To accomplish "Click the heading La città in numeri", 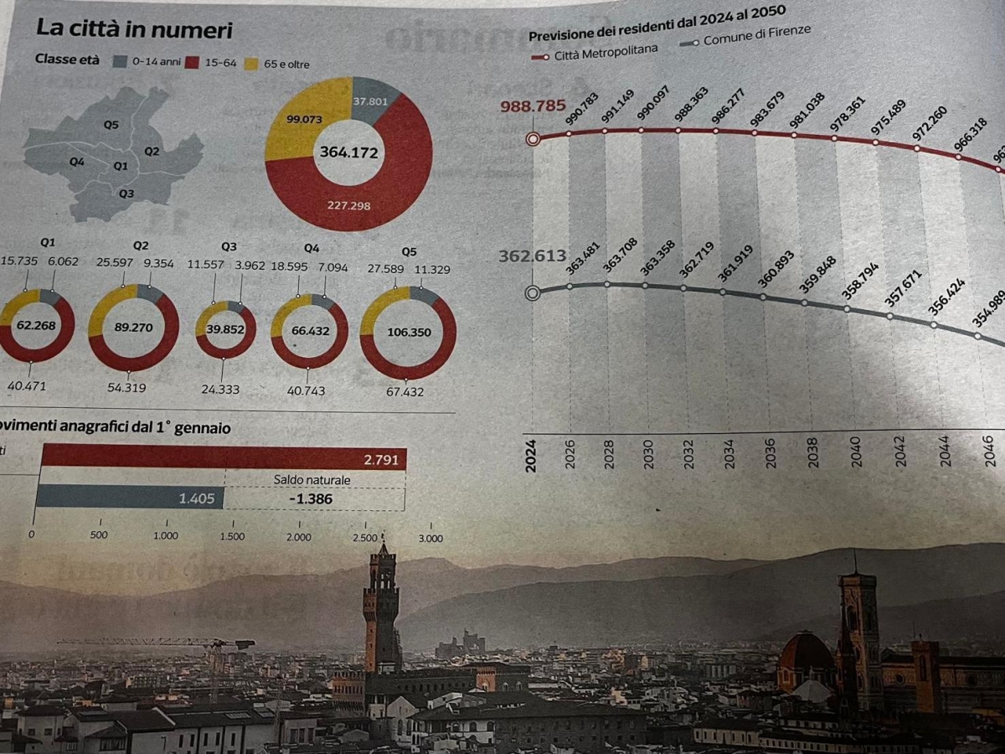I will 134,31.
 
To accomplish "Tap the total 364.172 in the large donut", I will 348,152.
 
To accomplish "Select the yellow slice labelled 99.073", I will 304,120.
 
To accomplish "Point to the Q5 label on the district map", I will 111,126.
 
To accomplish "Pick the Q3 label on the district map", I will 126,194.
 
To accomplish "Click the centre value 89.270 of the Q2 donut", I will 133,328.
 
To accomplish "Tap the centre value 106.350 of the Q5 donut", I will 409,333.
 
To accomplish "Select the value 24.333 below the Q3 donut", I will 221,390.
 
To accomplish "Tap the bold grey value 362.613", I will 533,256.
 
